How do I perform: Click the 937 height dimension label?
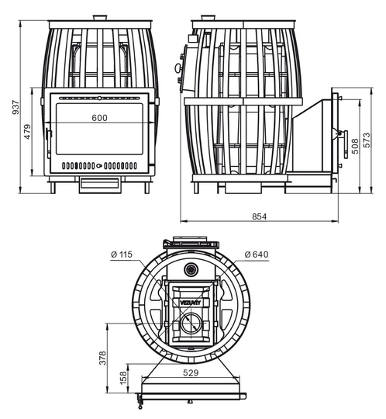click(16, 107)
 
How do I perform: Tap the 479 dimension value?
click(27, 131)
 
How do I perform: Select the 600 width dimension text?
click(99, 118)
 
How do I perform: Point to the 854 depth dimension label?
click(259, 216)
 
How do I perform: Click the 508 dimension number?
click(355, 146)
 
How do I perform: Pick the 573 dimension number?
click(367, 140)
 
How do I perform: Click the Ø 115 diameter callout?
click(122, 255)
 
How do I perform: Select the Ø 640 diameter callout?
click(257, 255)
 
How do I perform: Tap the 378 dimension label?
click(102, 358)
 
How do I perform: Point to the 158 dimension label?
click(123, 378)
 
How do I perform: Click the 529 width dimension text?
click(191, 372)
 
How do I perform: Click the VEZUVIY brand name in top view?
click(191, 303)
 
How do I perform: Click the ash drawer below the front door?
click(100, 185)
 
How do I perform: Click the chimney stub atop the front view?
click(100, 18)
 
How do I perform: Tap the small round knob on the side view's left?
click(177, 68)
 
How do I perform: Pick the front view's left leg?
click(53, 188)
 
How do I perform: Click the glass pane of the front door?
click(99, 129)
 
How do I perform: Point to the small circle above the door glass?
click(99, 98)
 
